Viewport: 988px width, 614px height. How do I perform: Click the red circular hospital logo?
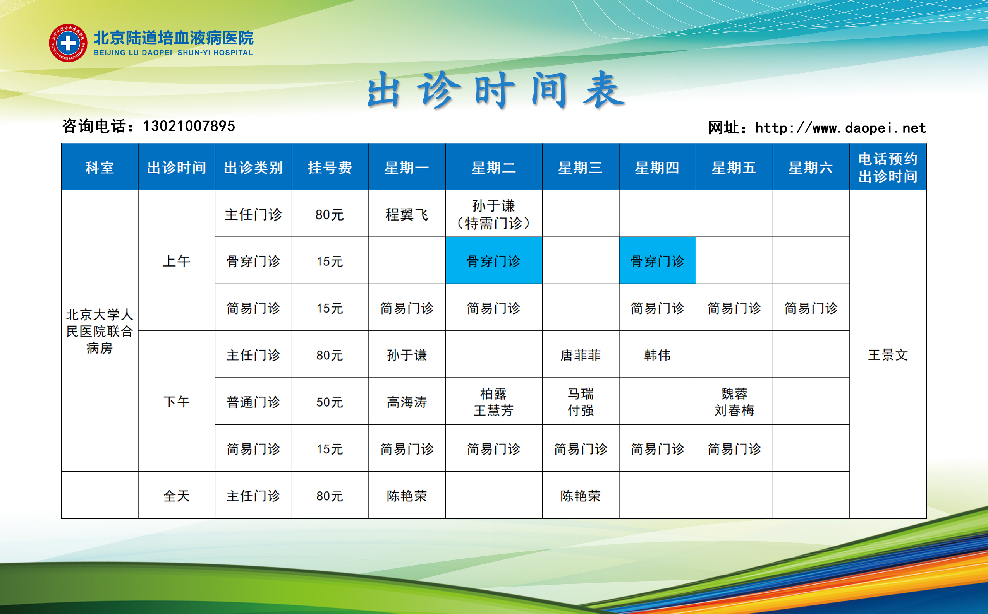(x=68, y=43)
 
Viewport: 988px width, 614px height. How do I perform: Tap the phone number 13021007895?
(x=189, y=126)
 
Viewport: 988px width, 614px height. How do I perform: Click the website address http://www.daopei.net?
(x=840, y=128)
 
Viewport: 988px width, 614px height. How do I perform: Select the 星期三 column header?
(x=580, y=167)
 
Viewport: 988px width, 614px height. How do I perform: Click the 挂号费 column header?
(x=330, y=167)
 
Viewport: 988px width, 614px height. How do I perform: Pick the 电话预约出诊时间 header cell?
(x=888, y=167)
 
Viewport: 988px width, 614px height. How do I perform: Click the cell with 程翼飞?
(x=407, y=214)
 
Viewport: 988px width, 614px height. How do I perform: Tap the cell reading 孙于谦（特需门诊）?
(x=494, y=214)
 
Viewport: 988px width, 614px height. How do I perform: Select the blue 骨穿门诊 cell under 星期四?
(x=657, y=261)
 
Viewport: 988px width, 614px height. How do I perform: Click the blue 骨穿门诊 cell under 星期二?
(x=494, y=261)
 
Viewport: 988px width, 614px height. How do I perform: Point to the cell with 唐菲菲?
(x=580, y=354)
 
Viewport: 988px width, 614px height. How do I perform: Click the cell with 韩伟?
(x=657, y=354)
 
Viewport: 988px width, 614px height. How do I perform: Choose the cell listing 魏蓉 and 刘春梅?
(x=734, y=402)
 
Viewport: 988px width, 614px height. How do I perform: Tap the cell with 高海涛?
(x=407, y=402)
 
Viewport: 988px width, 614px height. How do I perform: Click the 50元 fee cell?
(x=330, y=402)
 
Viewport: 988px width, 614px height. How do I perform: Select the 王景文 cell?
(x=888, y=354)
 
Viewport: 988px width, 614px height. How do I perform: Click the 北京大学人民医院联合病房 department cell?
(x=100, y=331)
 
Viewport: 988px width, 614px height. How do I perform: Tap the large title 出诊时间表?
(x=496, y=90)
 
